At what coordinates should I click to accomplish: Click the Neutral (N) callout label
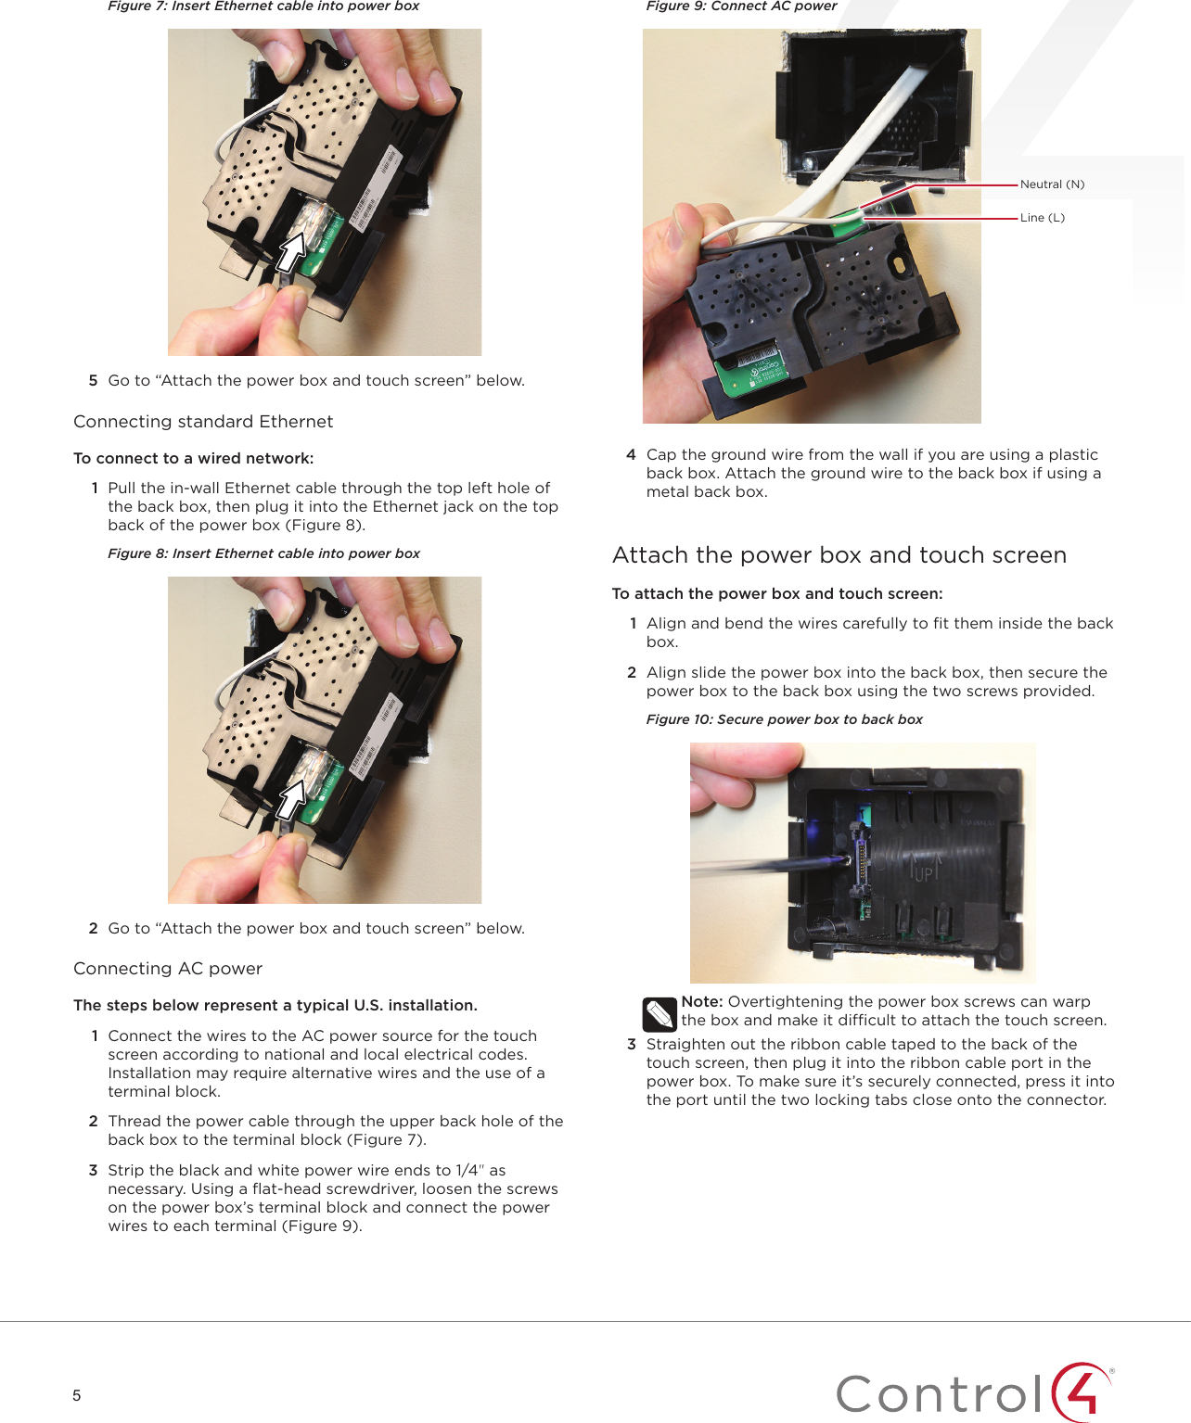pos(1052,184)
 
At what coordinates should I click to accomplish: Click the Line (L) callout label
pos(1043,218)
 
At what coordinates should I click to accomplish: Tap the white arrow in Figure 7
pos(292,251)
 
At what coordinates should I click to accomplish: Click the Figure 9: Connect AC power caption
pos(741,6)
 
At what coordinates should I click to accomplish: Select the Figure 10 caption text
pos(785,719)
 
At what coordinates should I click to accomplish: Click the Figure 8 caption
pos(263,553)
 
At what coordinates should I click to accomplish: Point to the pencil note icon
pos(660,1015)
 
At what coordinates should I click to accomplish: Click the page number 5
pos(76,1395)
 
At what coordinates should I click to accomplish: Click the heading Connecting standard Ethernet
pos(203,421)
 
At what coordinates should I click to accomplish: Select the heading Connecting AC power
pos(168,969)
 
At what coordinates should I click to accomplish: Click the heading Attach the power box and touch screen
pos(839,554)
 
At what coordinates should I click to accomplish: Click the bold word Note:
pos(702,1001)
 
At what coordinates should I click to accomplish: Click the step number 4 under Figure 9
pos(631,454)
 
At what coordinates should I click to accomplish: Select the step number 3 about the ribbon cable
pos(632,1044)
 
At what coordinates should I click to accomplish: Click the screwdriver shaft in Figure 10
pos(770,866)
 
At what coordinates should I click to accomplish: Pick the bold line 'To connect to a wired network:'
pos(194,458)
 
